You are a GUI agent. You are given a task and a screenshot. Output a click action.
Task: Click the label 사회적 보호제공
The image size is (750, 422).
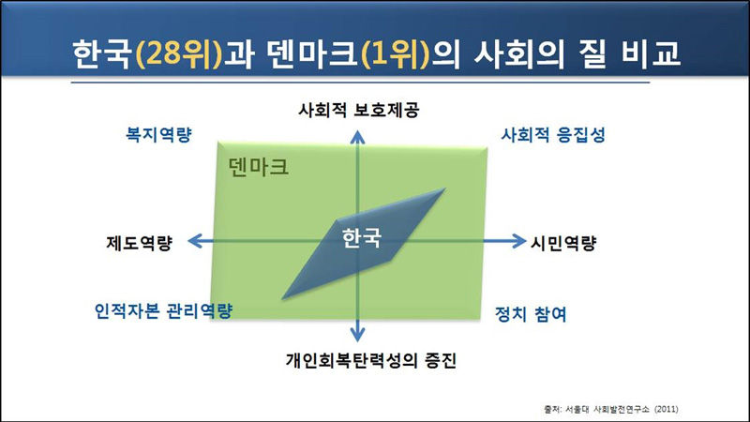[x=357, y=110]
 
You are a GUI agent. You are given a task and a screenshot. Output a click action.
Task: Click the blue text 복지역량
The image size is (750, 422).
[x=158, y=134]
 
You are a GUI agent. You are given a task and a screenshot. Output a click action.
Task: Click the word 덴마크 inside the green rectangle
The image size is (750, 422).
[x=258, y=168]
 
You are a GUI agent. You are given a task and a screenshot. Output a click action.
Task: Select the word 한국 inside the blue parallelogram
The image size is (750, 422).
[x=362, y=235]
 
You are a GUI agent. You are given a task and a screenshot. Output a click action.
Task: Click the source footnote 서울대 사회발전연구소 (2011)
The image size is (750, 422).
[x=609, y=409]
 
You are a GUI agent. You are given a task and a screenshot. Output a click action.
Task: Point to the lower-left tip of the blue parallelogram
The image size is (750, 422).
[x=280, y=299]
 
